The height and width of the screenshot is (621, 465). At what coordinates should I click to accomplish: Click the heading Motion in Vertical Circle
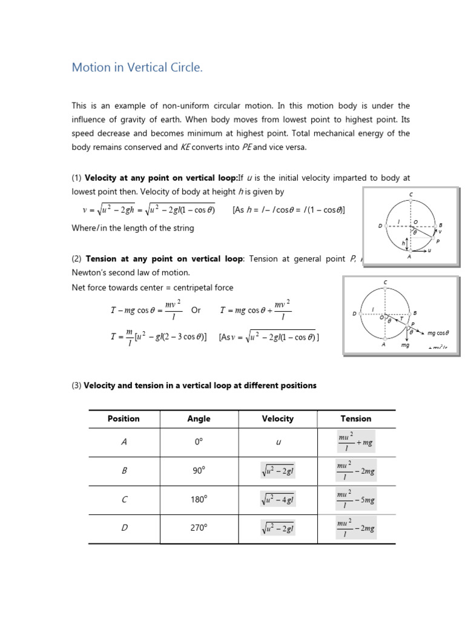[x=137, y=67]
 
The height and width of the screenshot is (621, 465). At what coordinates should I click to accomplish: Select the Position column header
[x=124, y=418]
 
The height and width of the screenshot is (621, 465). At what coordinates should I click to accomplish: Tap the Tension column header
[x=355, y=418]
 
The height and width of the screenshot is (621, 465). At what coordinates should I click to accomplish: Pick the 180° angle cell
[x=199, y=498]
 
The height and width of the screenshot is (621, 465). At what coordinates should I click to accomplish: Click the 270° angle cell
[x=199, y=528]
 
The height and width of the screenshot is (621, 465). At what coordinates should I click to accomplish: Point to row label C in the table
[x=124, y=498]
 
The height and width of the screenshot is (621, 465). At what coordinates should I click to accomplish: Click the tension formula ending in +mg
[x=355, y=441]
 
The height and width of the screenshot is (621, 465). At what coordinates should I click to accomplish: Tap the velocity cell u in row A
[x=278, y=443]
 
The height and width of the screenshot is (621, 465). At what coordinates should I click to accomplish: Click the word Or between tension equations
[x=196, y=310]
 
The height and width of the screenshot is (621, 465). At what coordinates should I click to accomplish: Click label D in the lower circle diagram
[x=355, y=314]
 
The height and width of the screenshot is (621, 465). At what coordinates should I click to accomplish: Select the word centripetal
[x=188, y=287]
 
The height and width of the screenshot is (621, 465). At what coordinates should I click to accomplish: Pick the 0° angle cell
[x=199, y=443]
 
